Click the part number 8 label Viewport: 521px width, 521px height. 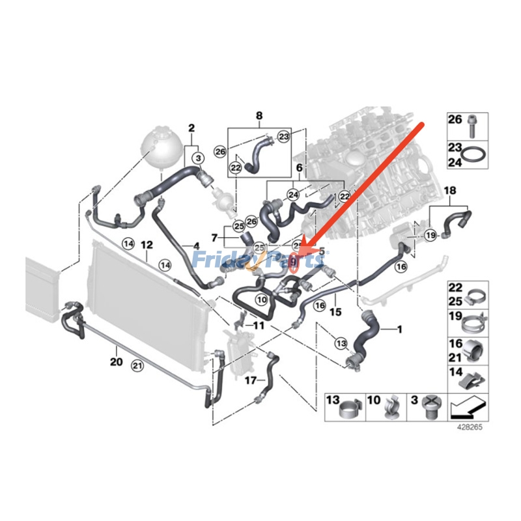[x=259, y=117]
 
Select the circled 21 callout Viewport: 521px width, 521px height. [x=137, y=365]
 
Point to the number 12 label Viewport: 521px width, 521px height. [x=147, y=245]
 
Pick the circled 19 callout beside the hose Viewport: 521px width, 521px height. [x=430, y=234]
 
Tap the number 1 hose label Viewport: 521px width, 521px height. [x=399, y=330]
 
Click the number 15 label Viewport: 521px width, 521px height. [x=335, y=313]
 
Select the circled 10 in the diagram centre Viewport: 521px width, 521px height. [x=261, y=300]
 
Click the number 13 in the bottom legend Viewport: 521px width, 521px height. [x=333, y=400]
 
